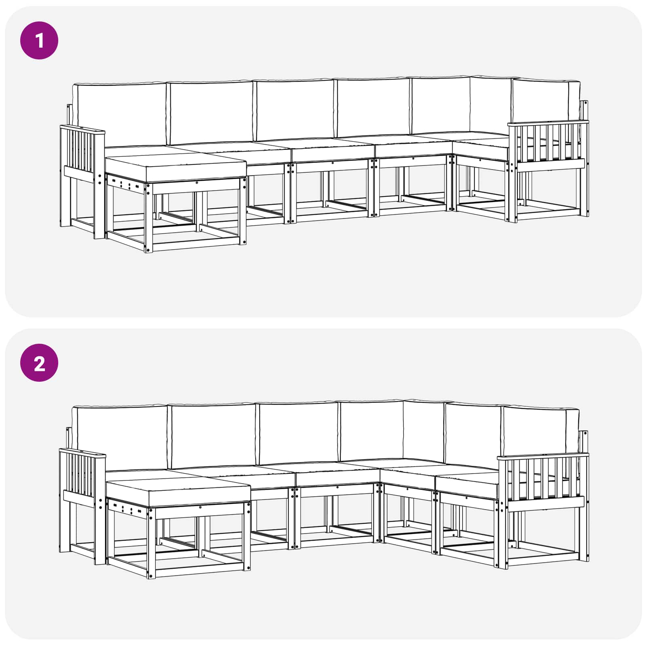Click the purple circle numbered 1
[x=39, y=40]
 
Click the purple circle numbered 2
[x=39, y=363]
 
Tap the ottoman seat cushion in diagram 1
[x=176, y=169]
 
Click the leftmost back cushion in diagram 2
[x=120, y=438]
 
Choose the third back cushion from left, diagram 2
[x=298, y=433]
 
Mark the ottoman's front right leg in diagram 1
[x=243, y=211]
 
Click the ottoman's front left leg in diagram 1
[x=149, y=218]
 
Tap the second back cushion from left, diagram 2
[x=214, y=436]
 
